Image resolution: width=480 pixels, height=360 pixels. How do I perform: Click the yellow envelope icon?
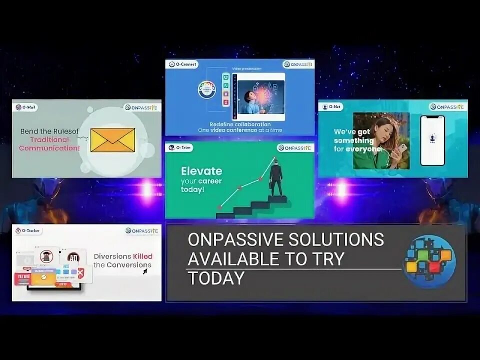pos(112,140)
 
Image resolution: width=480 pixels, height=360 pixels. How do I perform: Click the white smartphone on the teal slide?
pos(432,140)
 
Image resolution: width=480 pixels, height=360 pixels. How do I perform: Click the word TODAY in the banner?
pos(216,278)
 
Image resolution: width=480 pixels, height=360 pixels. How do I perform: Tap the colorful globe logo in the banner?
pos(428,261)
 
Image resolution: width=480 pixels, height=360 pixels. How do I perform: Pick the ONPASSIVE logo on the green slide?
pos(295,148)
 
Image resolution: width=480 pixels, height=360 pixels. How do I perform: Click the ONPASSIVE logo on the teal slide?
pos(447,106)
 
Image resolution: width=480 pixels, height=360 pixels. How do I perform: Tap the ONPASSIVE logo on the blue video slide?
pos(298,64)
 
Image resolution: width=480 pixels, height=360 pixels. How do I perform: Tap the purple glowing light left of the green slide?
pos(146,189)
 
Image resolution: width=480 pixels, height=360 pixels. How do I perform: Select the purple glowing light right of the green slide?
pos(340,188)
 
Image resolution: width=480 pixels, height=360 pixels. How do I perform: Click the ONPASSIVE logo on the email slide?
pos(142,107)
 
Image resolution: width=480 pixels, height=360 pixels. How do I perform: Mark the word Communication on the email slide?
pos(49,148)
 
